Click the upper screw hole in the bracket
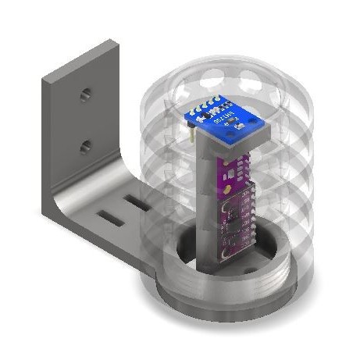[86, 94]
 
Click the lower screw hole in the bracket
[86, 144]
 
